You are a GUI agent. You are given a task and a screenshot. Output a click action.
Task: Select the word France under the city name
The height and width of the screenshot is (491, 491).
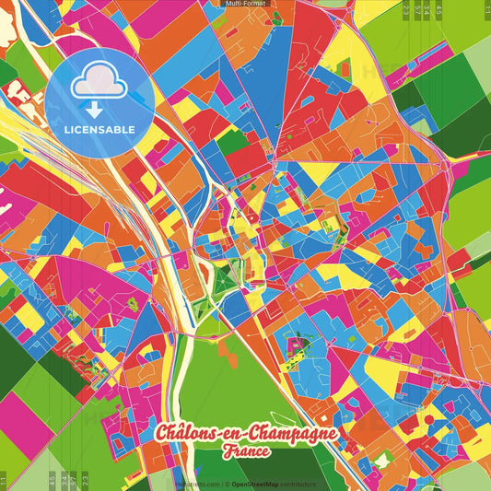245,451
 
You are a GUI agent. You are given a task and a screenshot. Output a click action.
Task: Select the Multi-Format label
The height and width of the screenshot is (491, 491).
245,4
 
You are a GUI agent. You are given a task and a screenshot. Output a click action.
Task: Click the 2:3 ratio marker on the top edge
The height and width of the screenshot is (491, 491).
406,9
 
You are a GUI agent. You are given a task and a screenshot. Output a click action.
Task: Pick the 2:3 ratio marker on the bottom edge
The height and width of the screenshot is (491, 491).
85,480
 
